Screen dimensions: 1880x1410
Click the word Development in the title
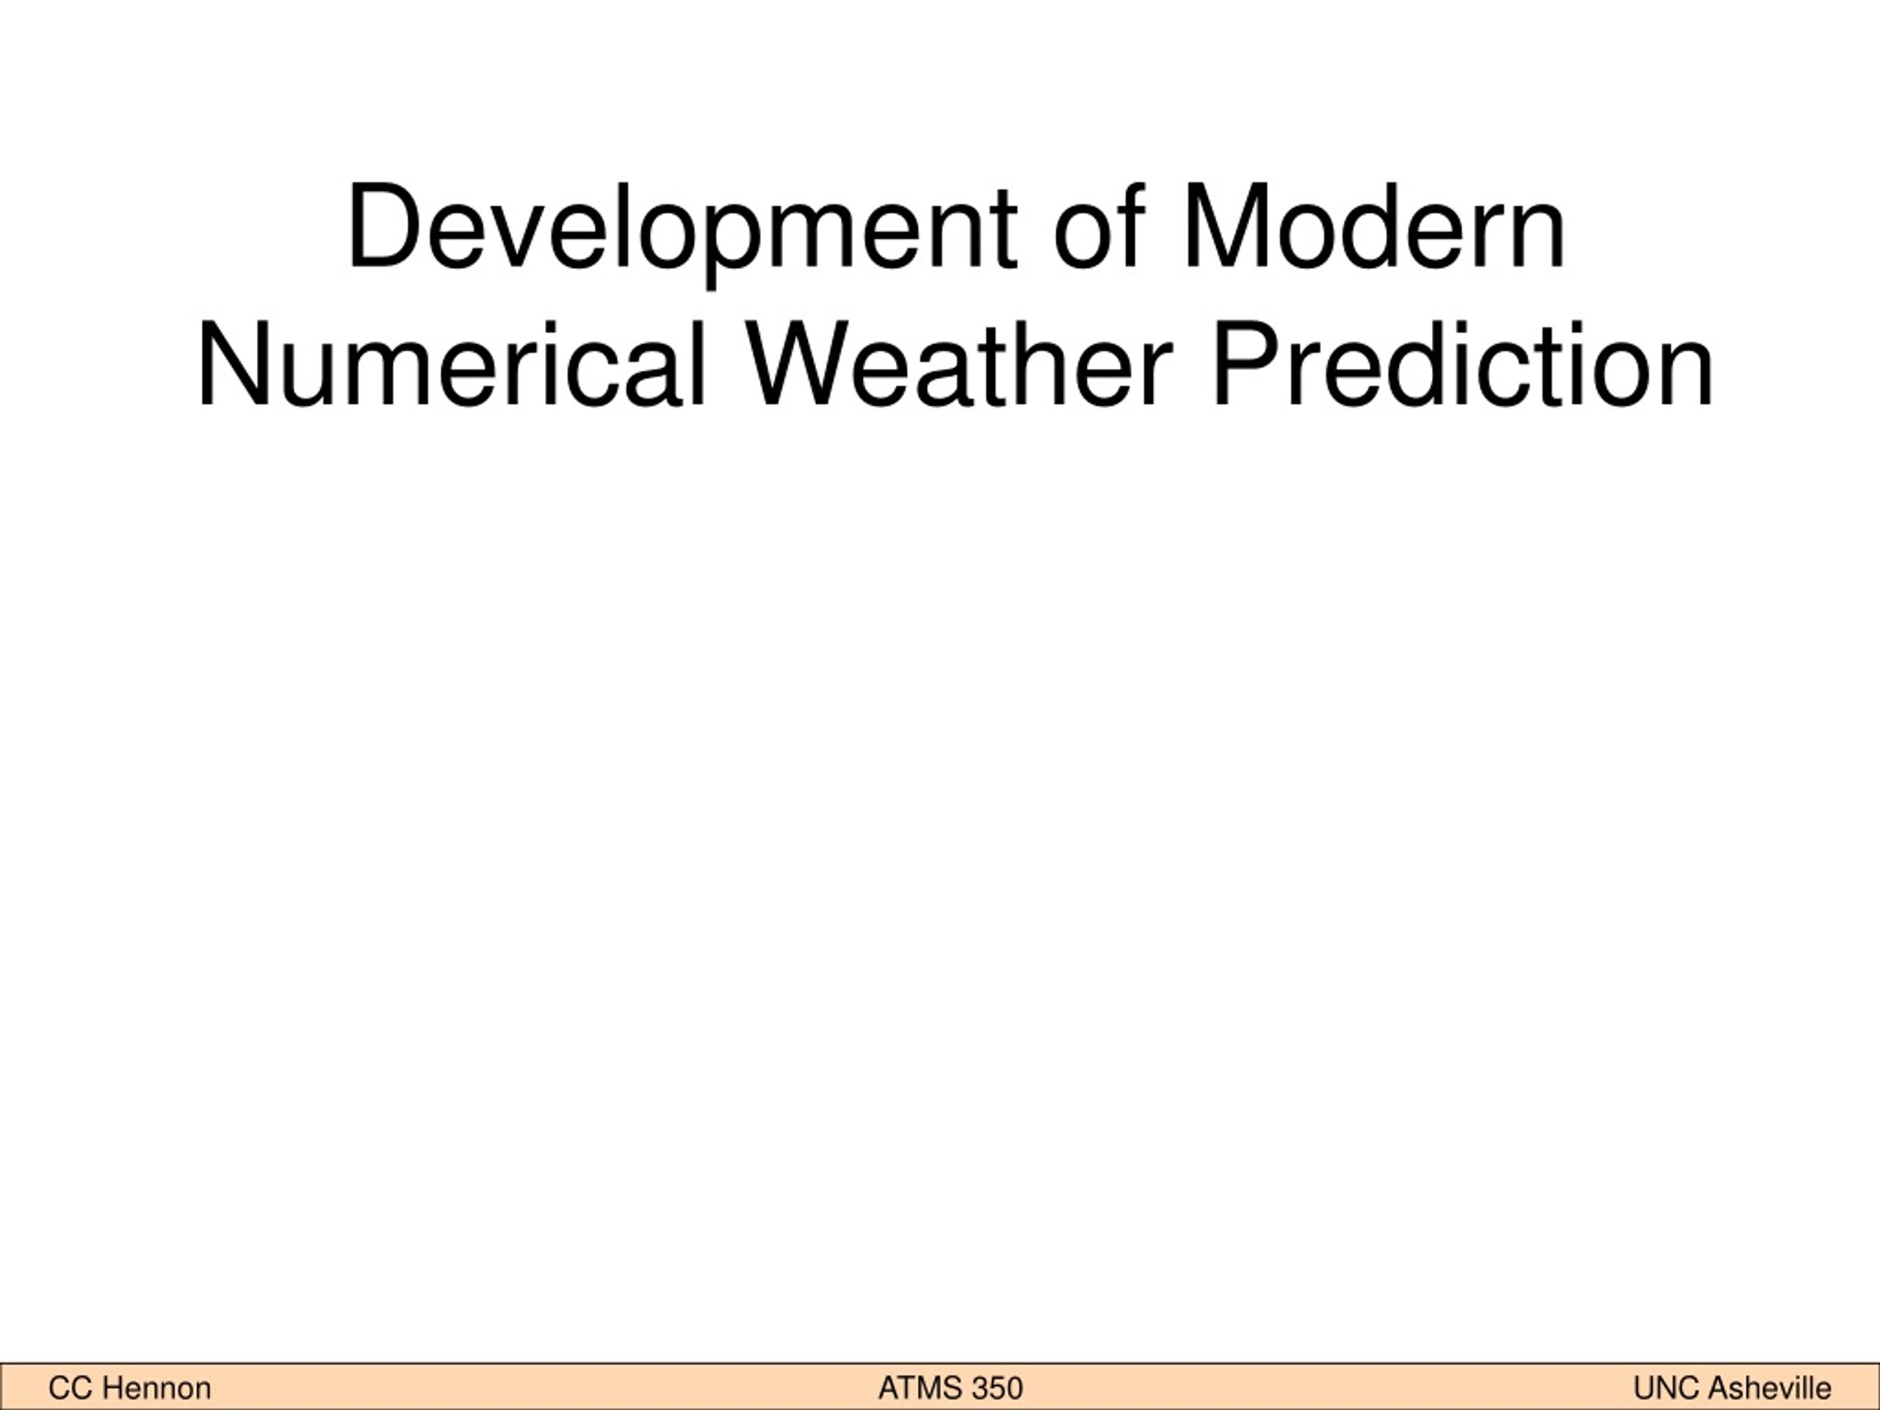(681, 232)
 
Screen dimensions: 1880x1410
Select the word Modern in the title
(1373, 226)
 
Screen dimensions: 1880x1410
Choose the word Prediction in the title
(1463, 364)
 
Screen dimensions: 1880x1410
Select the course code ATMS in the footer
(918, 1389)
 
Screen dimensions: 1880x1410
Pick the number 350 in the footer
(996, 1389)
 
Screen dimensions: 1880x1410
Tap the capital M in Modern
(1226, 226)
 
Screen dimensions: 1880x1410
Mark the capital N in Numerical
(233, 364)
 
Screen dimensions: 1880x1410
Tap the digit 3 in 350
(978, 1389)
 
